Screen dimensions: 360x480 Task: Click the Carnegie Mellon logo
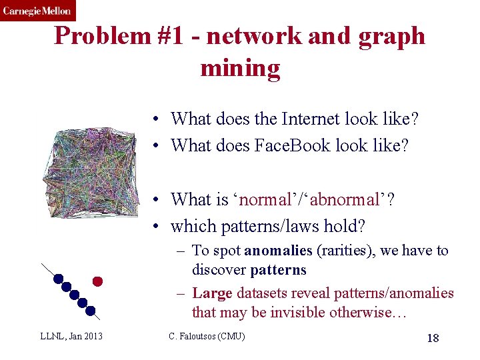pos(37,11)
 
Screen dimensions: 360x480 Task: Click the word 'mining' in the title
pos(240,67)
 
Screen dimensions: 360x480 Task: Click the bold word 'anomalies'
pos(278,251)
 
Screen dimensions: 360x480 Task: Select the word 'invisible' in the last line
pos(317,312)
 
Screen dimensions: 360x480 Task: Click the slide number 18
pos(433,338)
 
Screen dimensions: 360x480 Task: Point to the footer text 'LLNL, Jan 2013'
pos(71,336)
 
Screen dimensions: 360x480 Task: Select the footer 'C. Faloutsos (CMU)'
pos(207,336)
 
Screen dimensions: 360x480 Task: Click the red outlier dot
pos(97,281)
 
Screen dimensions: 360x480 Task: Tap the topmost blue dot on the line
pos(59,279)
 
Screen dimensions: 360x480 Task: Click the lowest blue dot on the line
pos(90,310)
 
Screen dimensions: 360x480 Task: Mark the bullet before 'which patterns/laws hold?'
pos(154,227)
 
